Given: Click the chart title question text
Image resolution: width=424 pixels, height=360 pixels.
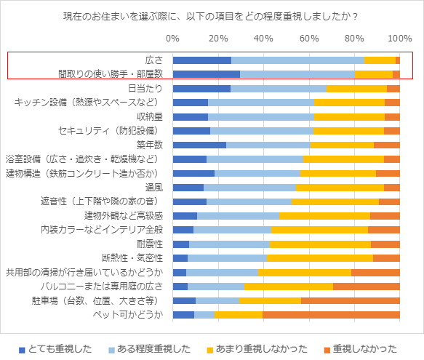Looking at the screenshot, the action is [x=210, y=17].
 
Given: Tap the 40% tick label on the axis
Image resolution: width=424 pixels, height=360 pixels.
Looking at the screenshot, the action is [x=263, y=39].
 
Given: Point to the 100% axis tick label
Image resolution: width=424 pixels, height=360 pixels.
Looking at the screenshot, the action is [x=400, y=39].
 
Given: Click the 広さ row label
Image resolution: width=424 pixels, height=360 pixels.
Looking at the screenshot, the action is [x=154, y=60].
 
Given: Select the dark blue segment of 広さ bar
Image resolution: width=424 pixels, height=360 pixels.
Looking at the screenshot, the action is [x=202, y=60].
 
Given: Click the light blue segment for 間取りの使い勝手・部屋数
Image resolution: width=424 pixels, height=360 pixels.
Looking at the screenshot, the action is [x=297, y=74].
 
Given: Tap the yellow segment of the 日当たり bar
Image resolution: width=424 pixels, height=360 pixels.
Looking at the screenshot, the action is [x=356, y=89].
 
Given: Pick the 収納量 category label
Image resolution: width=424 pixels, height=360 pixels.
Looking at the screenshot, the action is [x=150, y=117].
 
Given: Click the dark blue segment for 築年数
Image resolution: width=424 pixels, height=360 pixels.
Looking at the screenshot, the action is [x=199, y=145].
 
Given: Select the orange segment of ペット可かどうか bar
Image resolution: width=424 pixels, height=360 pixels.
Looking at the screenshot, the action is [x=331, y=315].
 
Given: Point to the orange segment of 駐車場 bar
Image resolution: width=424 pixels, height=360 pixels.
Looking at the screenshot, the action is [x=351, y=300].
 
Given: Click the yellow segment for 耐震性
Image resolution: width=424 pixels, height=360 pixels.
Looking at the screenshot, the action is [x=320, y=244].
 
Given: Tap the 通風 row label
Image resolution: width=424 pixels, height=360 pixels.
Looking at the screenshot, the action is [x=154, y=188].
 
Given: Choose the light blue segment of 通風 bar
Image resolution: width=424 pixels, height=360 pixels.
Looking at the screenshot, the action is [x=249, y=188].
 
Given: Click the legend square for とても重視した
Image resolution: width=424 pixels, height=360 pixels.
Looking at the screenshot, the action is [x=22, y=351].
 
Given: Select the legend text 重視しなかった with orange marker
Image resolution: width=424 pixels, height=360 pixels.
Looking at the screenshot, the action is [x=365, y=349].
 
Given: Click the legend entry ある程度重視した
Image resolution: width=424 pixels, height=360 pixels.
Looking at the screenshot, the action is [x=150, y=349].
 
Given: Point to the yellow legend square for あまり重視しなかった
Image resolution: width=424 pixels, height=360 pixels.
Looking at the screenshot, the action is [x=210, y=351].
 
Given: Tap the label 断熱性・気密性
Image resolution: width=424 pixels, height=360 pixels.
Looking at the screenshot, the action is [x=132, y=257].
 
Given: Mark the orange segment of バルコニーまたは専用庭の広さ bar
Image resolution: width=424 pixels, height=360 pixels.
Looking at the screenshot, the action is [x=367, y=287].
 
